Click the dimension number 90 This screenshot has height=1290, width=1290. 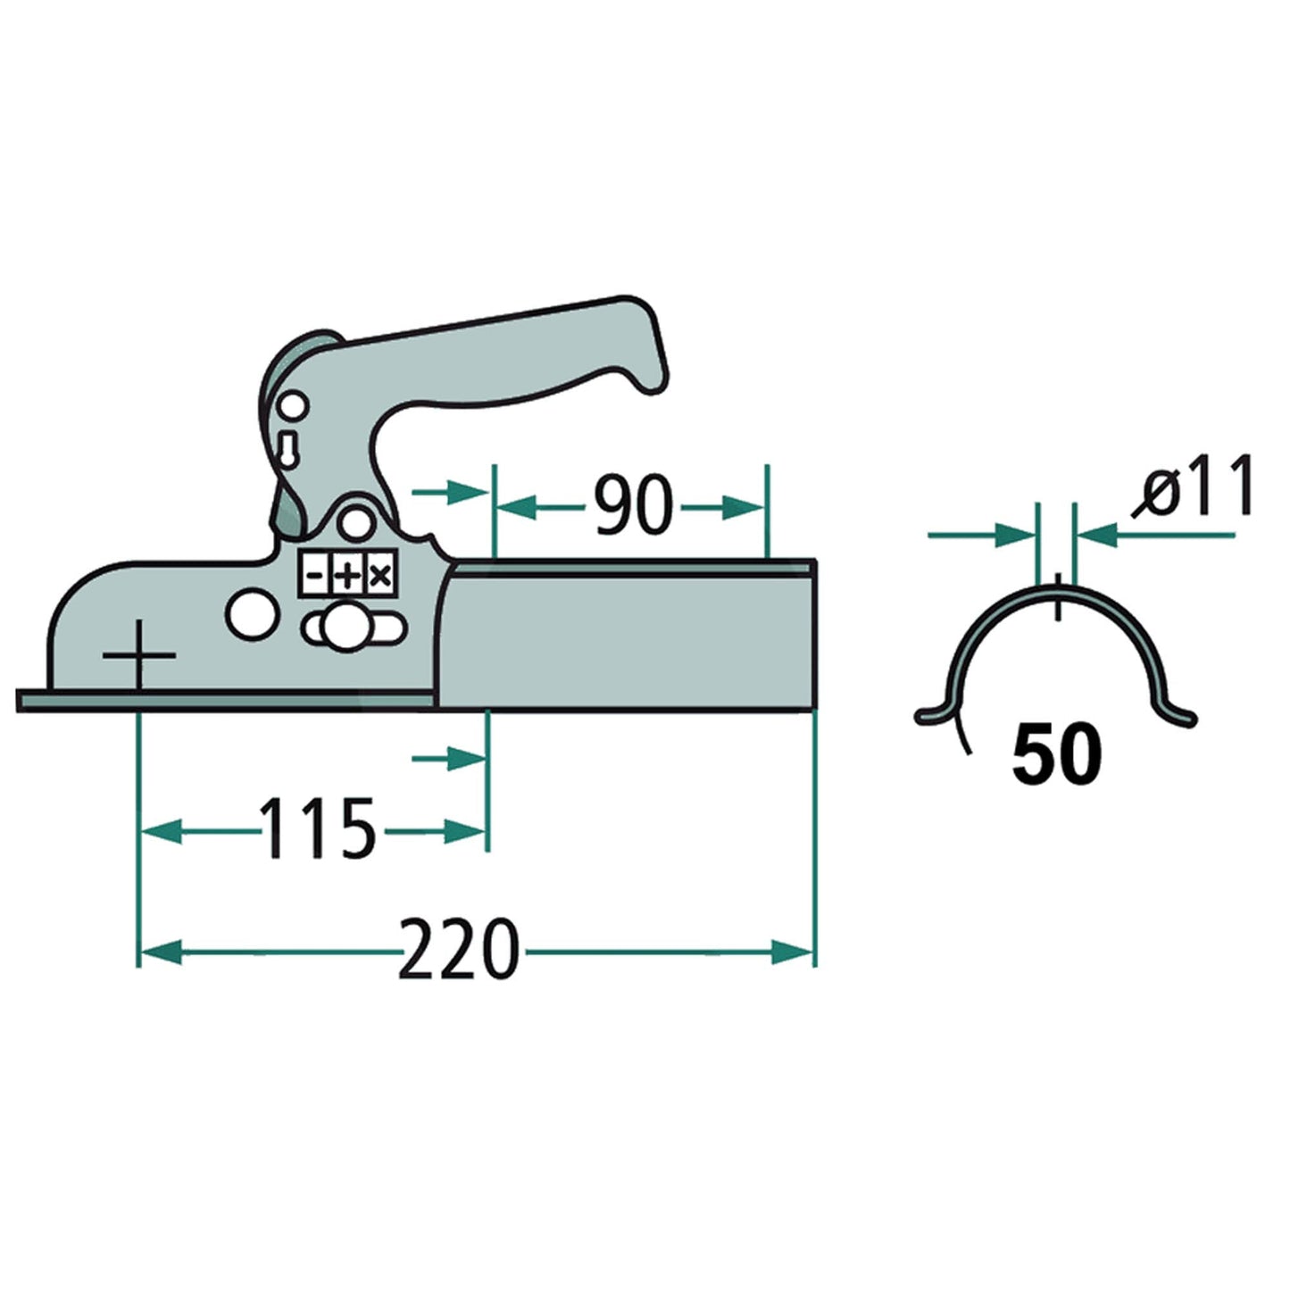632,506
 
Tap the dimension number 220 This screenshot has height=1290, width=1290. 457,950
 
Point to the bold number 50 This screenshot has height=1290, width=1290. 1057,753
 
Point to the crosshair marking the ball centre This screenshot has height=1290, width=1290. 138,656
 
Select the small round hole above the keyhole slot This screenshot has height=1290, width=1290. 293,408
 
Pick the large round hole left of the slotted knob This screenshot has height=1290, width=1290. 250,614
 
